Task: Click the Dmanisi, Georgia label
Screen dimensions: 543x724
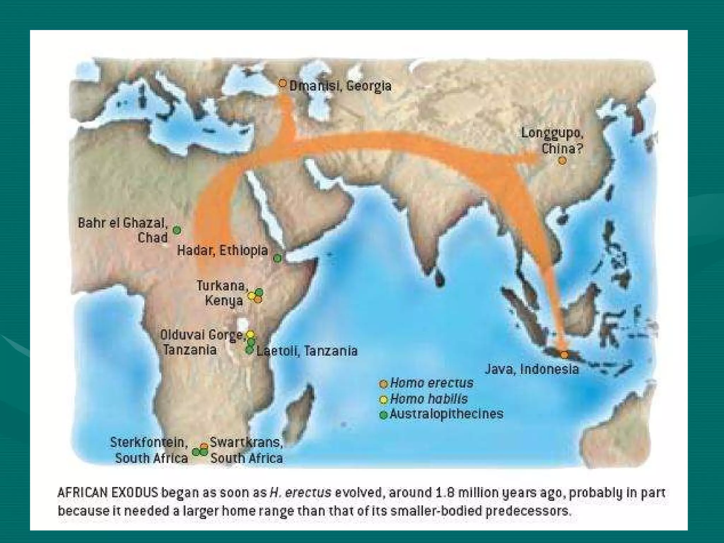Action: pyautogui.click(x=340, y=86)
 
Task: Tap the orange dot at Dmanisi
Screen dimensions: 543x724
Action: pyautogui.click(x=282, y=83)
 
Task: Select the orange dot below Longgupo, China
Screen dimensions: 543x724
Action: pyautogui.click(x=562, y=161)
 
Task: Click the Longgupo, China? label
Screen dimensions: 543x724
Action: pyautogui.click(x=552, y=141)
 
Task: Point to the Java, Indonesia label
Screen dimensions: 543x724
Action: pyautogui.click(x=532, y=369)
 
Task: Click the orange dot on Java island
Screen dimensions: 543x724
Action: pyautogui.click(x=565, y=355)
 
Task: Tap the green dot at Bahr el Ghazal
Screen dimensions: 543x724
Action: pyautogui.click(x=177, y=230)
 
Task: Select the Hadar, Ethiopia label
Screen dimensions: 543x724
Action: pyautogui.click(x=222, y=250)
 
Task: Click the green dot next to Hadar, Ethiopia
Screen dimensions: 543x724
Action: pyautogui.click(x=278, y=258)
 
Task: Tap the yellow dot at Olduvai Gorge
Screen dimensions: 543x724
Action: pyautogui.click(x=250, y=334)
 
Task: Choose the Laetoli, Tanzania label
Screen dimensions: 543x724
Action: pyautogui.click(x=307, y=351)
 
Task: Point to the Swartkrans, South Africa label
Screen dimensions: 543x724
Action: pyautogui.click(x=246, y=450)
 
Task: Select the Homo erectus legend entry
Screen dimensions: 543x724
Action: pyautogui.click(x=431, y=383)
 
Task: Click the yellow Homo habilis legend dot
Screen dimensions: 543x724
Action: pyautogui.click(x=383, y=399)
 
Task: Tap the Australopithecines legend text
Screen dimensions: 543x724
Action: pyautogui.click(x=446, y=414)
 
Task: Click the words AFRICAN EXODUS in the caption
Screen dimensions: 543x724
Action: pyautogui.click(x=107, y=492)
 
